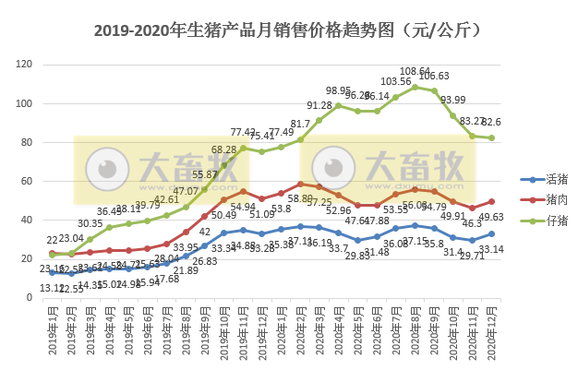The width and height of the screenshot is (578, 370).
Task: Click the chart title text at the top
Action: (x=288, y=30)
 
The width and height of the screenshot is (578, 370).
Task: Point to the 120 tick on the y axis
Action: (x=25, y=65)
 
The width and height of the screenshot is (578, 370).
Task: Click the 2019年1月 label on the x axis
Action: (x=53, y=332)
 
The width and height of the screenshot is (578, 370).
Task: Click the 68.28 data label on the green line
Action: (x=225, y=149)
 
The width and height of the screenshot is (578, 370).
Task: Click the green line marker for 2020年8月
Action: (x=415, y=87)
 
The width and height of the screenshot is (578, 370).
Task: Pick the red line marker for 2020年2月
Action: (x=301, y=184)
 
